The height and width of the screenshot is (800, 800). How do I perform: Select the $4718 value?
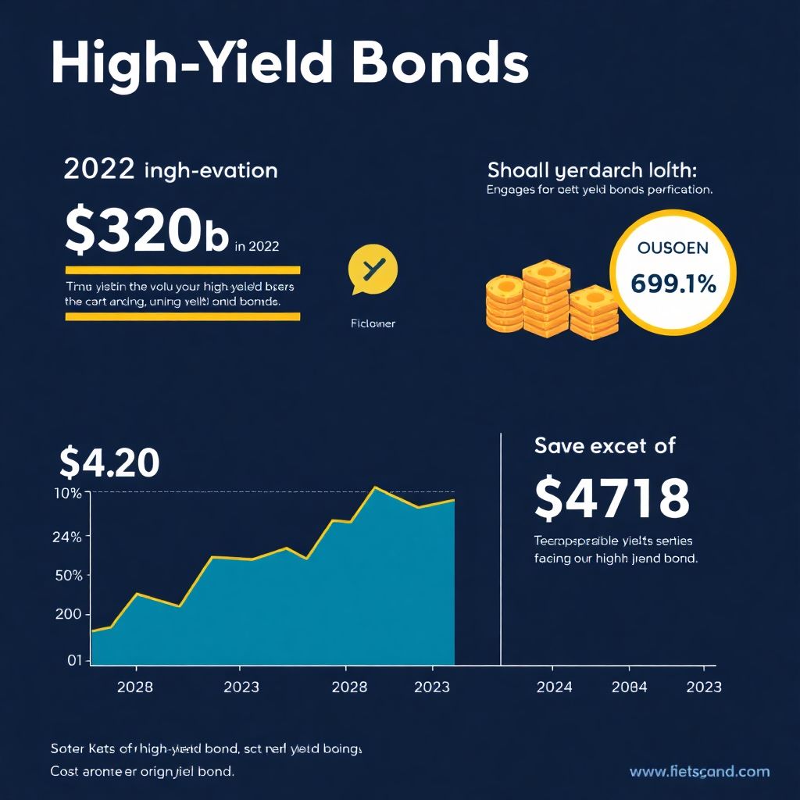pos(612,498)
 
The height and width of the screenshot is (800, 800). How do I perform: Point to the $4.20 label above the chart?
pos(109,463)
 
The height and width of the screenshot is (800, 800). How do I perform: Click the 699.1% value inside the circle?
pos(673,284)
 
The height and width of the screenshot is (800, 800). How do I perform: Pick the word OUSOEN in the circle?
pos(673,248)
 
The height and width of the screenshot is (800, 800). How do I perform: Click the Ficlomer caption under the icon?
pos(373,323)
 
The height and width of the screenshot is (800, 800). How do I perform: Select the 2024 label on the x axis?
pos(554,687)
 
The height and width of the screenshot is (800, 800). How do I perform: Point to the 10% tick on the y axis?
pos(68,493)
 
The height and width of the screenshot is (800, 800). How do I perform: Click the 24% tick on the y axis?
pos(68,537)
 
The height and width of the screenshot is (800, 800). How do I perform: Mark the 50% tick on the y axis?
pos(68,575)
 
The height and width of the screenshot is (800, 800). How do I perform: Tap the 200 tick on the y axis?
pos(68,614)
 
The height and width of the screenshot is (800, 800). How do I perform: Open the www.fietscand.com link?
pos(699,772)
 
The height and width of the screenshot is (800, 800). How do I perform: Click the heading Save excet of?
pos(605,446)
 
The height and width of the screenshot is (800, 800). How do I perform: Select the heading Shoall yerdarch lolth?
pos(591,170)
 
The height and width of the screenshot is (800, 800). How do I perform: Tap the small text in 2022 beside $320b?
pos(257,245)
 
